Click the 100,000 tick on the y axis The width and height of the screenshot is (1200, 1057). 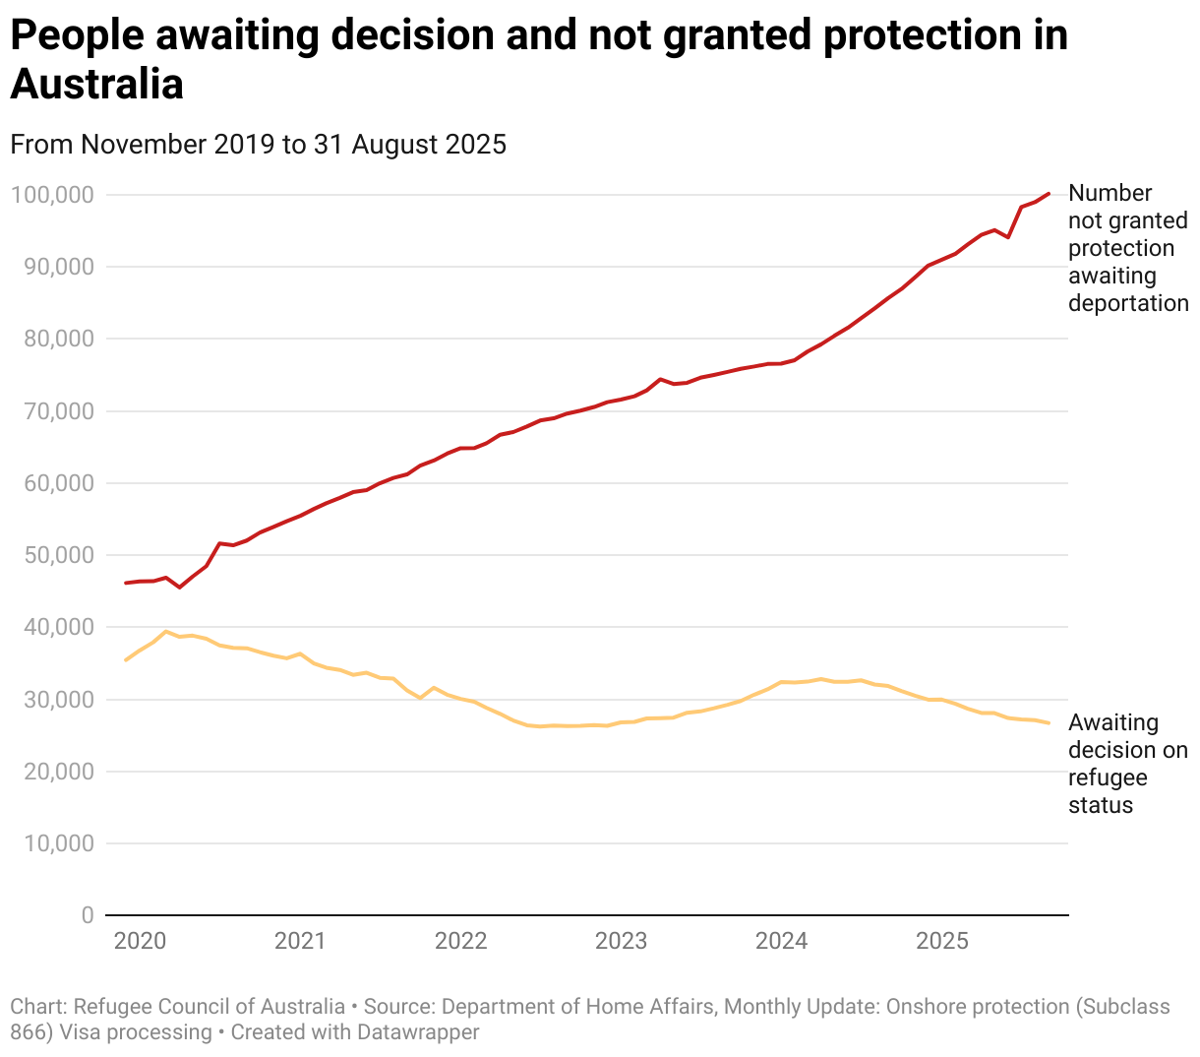(52, 195)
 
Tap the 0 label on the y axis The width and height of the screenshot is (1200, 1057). (88, 915)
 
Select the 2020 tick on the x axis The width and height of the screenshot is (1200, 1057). (140, 941)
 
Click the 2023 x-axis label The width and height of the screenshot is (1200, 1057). (621, 941)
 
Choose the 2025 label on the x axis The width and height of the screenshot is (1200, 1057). (941, 941)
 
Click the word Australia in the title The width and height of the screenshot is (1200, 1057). (97, 84)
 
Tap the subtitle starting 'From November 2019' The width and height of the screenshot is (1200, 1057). (258, 145)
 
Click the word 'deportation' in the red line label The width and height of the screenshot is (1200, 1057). (1128, 303)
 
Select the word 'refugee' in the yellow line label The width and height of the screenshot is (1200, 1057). (1108, 777)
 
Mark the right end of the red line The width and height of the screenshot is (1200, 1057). (1049, 194)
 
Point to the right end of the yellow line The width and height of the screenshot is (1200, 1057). (1049, 723)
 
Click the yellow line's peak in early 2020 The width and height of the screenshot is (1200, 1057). (166, 632)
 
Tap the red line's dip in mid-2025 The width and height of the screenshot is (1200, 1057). (1008, 237)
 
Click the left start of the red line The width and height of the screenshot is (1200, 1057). (126, 583)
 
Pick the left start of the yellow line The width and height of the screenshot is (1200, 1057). (126, 659)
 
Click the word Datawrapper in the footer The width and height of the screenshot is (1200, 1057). (418, 1032)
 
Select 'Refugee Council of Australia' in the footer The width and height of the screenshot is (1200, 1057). (210, 1007)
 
